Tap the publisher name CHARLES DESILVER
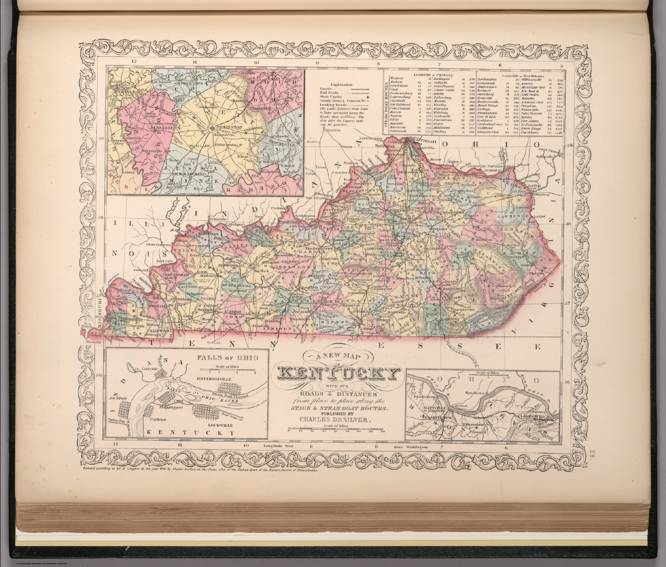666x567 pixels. (335, 420)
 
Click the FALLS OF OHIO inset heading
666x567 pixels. (227, 358)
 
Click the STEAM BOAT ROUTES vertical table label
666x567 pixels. (386, 104)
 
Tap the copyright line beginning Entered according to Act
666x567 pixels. (199, 469)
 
